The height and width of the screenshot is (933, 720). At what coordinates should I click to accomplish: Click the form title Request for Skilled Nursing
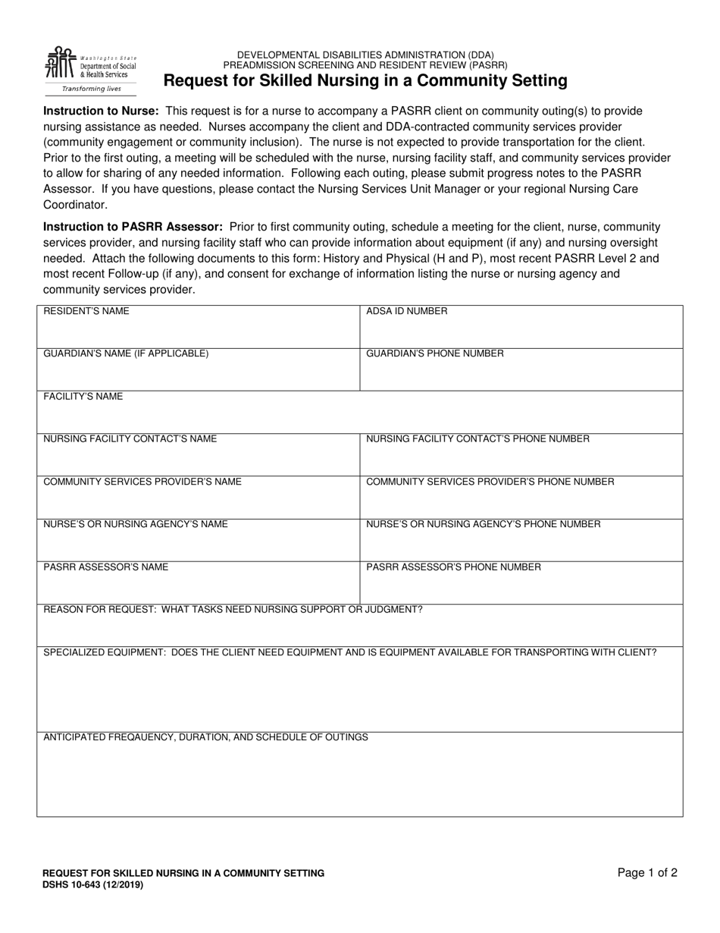(365, 80)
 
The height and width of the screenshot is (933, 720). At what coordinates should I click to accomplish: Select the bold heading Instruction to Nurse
(101, 111)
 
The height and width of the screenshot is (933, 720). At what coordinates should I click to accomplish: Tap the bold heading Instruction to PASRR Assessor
(133, 227)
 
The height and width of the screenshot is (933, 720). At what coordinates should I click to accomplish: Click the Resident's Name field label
(86, 311)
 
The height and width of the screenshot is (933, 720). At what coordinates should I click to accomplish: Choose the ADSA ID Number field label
(406, 311)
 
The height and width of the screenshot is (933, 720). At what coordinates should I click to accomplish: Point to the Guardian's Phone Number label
(434, 353)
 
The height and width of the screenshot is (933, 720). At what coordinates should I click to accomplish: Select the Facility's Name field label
(83, 397)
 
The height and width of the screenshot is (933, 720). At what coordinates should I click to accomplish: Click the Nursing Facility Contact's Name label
(130, 439)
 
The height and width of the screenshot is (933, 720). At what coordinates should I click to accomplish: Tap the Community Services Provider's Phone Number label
(490, 482)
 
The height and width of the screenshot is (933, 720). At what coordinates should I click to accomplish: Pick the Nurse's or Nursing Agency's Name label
(135, 524)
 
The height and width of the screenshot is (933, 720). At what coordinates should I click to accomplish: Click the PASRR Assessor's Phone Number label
(453, 567)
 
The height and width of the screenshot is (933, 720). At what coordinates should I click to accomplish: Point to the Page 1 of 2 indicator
(647, 873)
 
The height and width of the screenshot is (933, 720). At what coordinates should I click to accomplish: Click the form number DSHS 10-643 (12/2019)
(92, 884)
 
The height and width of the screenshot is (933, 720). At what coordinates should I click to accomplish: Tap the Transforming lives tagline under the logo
(91, 89)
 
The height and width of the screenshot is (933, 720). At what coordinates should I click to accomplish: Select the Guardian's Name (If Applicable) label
(126, 353)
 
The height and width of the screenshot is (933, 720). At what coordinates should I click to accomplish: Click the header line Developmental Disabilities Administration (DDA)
(365, 55)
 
